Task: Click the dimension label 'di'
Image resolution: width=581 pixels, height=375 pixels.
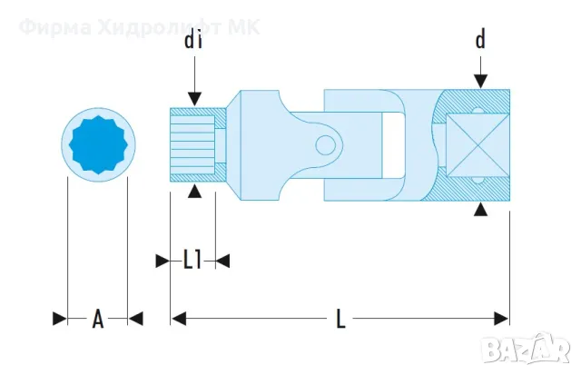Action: point(192,40)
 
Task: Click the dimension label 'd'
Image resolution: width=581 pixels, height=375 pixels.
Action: point(480,39)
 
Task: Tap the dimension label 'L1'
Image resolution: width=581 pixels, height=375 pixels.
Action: point(192,261)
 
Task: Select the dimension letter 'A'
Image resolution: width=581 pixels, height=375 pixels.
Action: point(98,319)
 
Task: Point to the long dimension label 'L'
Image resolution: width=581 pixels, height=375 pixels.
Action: point(340,319)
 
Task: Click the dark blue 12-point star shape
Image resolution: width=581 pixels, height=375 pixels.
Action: point(98,144)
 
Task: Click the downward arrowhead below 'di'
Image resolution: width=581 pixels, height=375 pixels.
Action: point(192,100)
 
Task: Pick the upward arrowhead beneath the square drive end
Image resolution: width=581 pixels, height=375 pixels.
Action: point(480,209)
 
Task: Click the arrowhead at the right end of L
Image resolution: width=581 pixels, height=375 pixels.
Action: point(501,319)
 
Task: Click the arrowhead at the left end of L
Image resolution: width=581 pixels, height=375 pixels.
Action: point(179,319)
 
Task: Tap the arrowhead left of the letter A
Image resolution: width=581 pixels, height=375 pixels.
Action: point(60,319)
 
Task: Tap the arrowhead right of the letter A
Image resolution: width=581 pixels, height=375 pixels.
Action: point(135,319)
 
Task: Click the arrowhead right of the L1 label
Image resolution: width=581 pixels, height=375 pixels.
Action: point(222,261)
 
